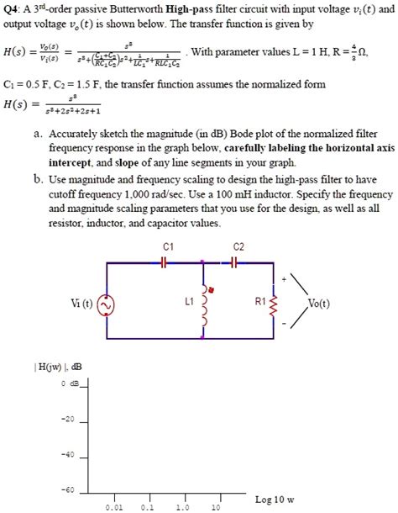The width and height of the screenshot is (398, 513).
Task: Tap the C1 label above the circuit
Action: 168,246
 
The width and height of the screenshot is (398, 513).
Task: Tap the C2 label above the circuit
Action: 238,246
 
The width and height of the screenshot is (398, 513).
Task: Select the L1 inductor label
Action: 188,300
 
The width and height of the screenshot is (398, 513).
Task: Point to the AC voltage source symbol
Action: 107,306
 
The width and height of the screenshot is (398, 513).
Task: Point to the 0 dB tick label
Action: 69,384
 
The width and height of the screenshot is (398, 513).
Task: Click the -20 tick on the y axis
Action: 68,419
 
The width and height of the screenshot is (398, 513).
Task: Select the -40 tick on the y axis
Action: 68,454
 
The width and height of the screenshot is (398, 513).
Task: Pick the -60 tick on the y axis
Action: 68,489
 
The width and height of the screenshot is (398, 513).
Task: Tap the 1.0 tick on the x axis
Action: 182,508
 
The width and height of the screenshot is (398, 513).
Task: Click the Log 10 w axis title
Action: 275,500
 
